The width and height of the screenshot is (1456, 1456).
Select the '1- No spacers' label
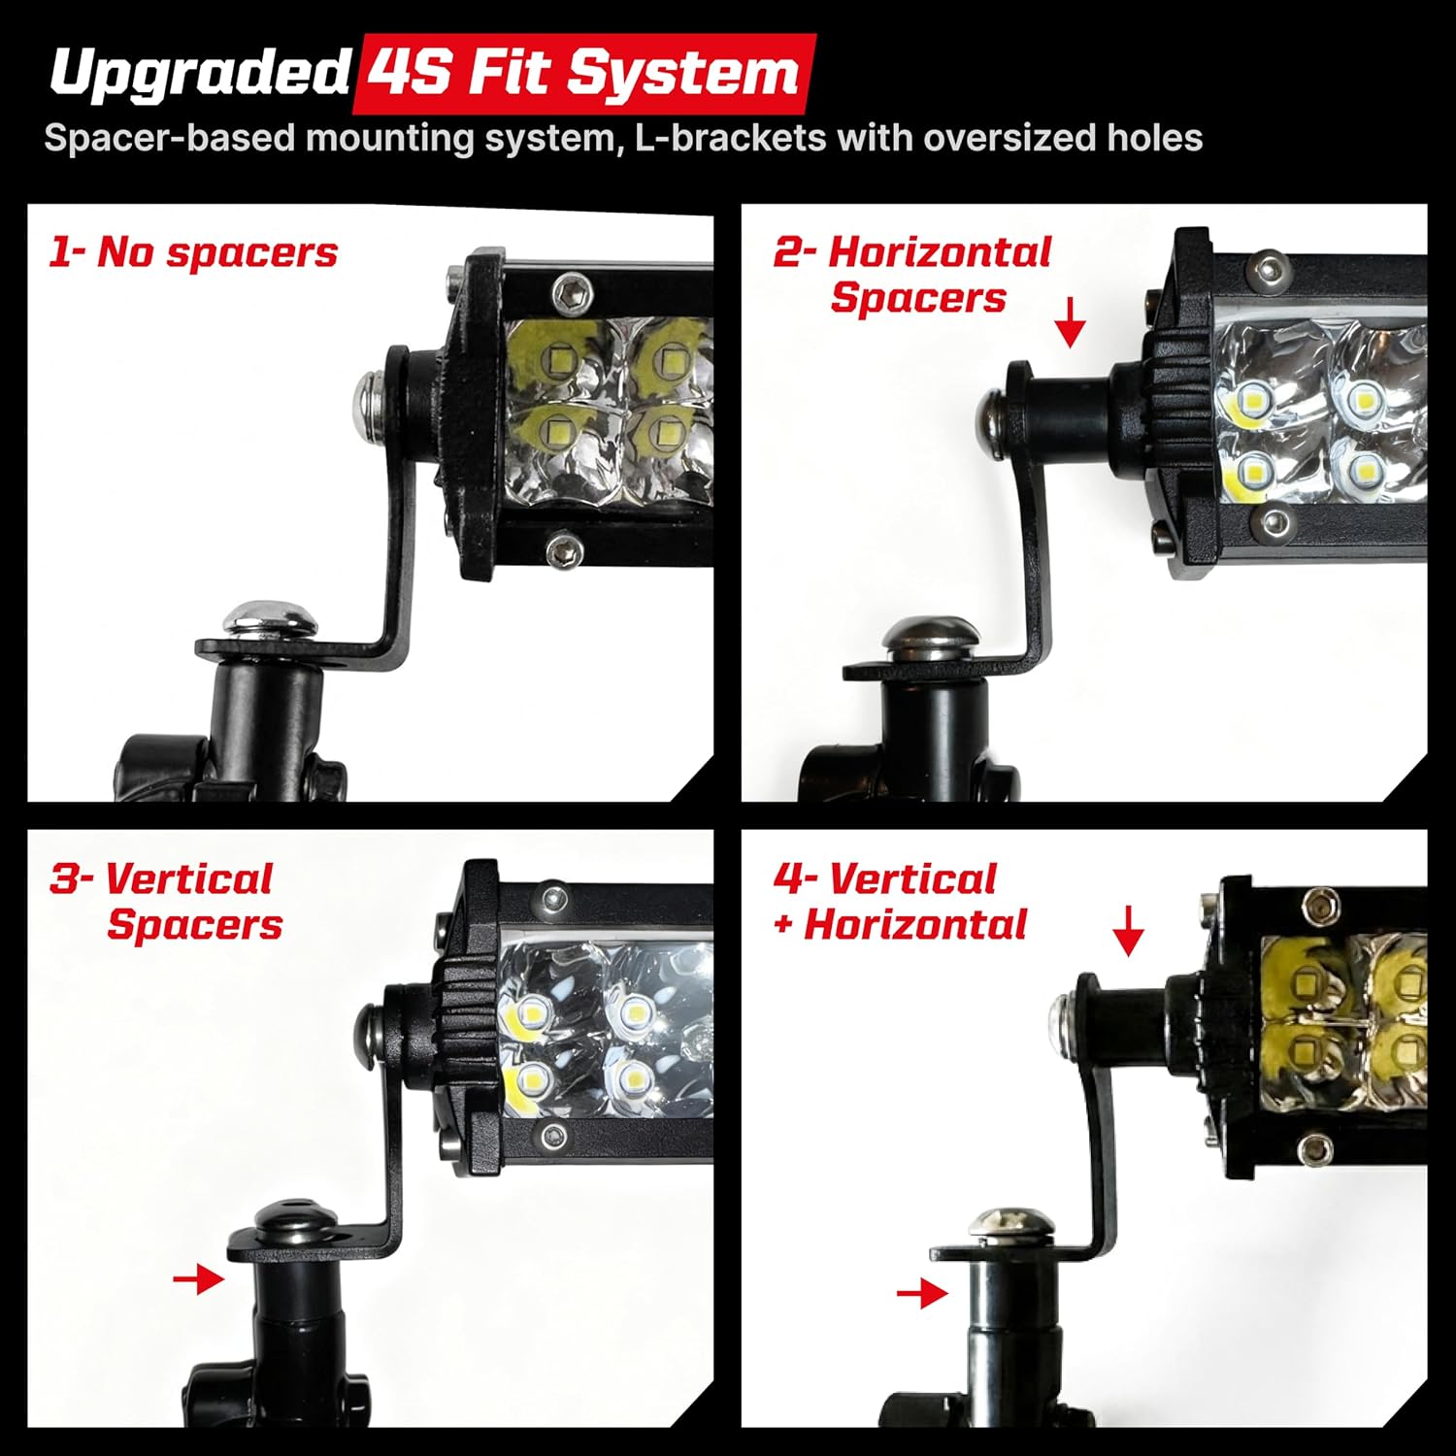[193, 252]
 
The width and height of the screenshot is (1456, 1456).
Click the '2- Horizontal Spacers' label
[912, 275]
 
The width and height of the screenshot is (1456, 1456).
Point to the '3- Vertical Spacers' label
[166, 902]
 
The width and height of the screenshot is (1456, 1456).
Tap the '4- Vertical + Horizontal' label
[900, 902]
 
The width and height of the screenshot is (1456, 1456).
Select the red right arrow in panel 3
[198, 1279]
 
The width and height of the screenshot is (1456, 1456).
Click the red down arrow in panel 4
[1128, 931]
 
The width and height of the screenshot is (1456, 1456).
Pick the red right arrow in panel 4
[922, 1293]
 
